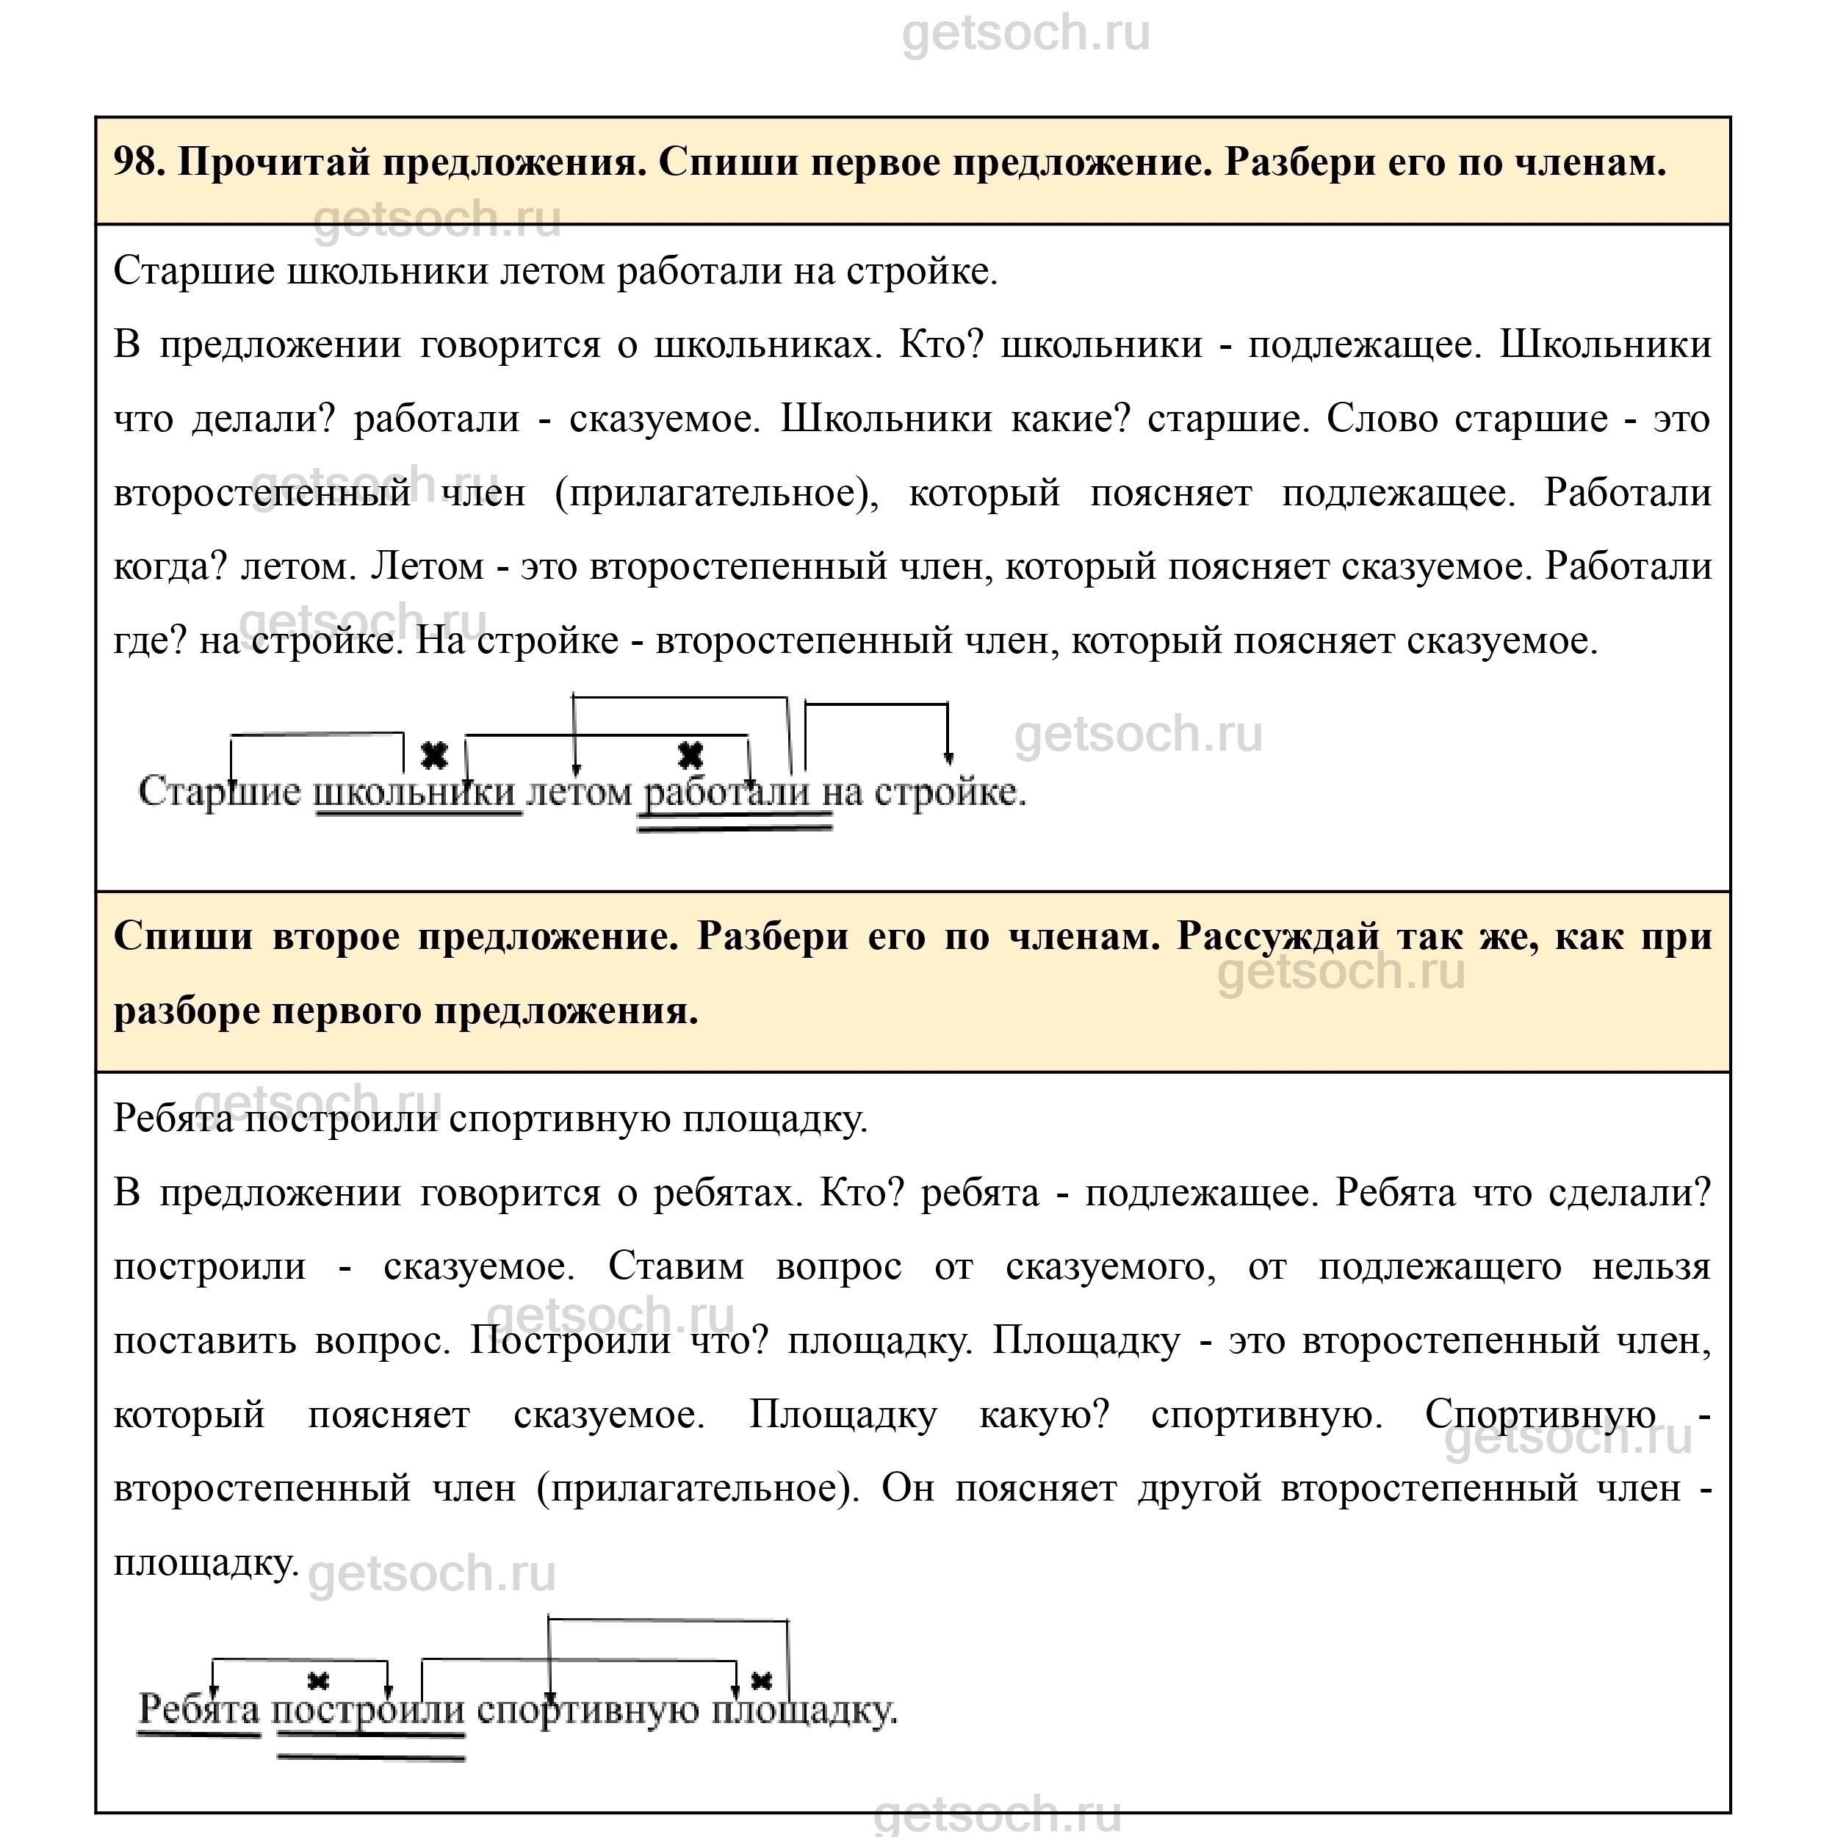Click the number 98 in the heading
tap(136, 162)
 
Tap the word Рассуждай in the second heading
tap(1277, 936)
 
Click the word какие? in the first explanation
tap(1068, 419)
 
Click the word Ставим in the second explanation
tap(676, 1266)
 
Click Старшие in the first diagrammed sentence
tap(220, 791)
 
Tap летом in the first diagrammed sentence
tap(578, 791)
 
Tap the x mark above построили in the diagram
tap(319, 1681)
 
